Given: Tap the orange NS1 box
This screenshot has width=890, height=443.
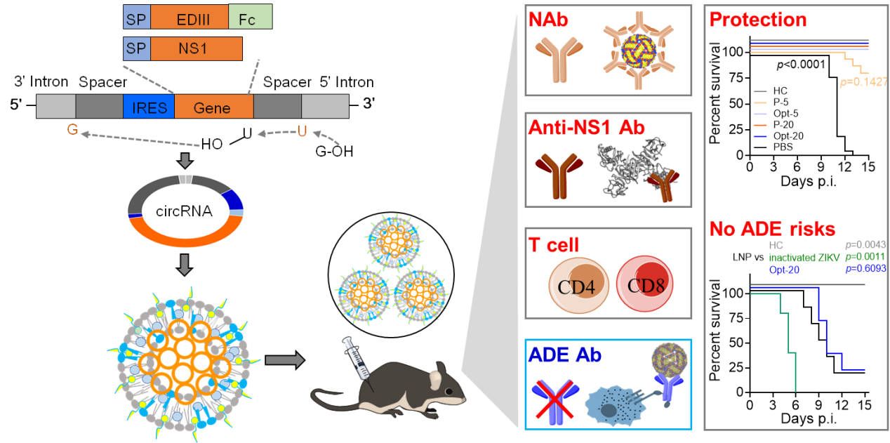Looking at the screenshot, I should (x=196, y=48).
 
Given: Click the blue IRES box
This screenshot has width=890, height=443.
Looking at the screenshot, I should (x=148, y=107).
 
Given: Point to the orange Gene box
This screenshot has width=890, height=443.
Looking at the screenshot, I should (x=213, y=107).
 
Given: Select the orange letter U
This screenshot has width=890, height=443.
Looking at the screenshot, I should (x=302, y=131).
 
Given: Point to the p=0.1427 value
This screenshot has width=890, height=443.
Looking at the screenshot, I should (x=865, y=82).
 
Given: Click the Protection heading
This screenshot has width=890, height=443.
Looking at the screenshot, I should (x=758, y=20).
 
